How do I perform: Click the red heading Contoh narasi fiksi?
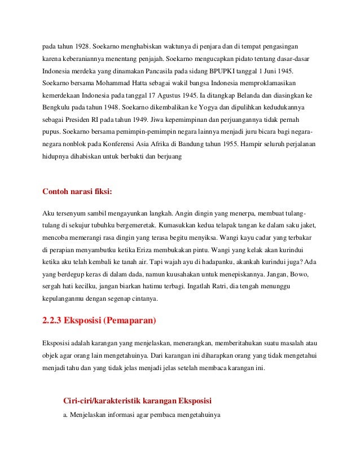click(x=77, y=191)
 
